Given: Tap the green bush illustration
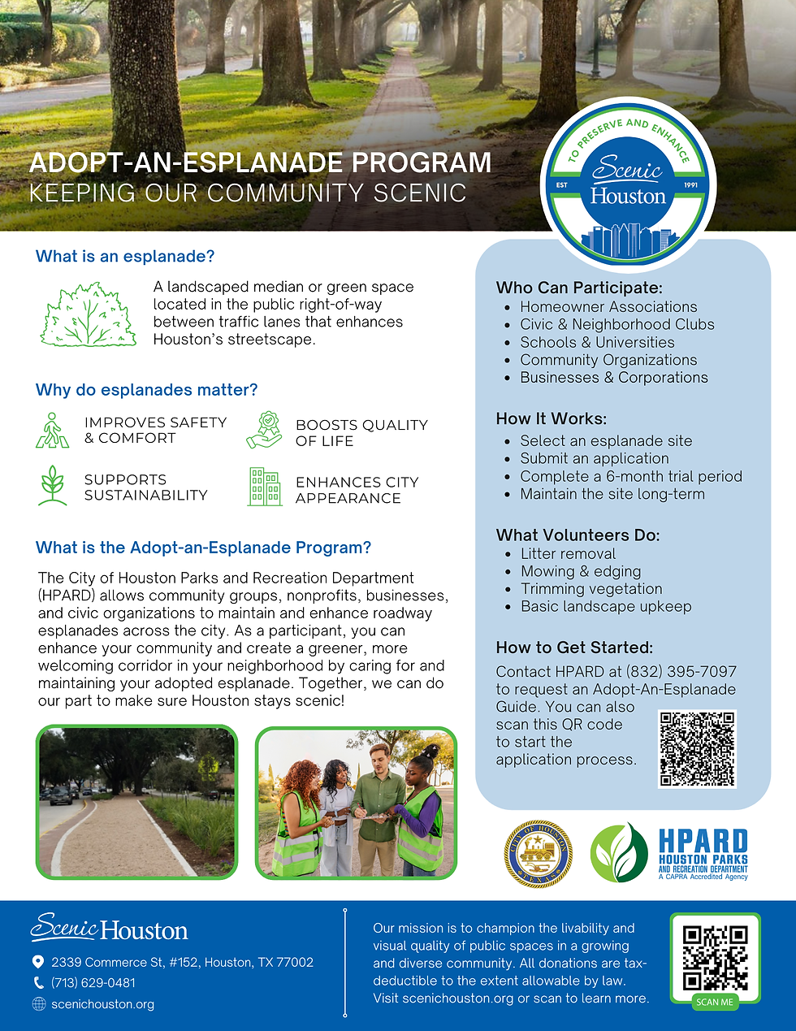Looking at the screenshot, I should pyautogui.click(x=89, y=315).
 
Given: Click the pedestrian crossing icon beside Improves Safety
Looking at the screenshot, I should pyautogui.click(x=53, y=431).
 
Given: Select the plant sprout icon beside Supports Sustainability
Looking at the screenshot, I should pyautogui.click(x=53, y=486).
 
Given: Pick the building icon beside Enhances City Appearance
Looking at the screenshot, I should pyautogui.click(x=265, y=487).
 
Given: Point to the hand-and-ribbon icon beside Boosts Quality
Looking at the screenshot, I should pyautogui.click(x=265, y=431).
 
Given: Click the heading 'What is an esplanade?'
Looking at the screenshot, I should pyautogui.click(x=125, y=257).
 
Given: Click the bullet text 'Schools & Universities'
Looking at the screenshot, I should pyautogui.click(x=597, y=343).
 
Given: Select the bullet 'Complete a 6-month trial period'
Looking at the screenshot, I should pyautogui.click(x=631, y=477).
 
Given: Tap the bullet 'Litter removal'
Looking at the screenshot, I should pyautogui.click(x=568, y=554).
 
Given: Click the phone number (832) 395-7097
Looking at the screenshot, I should pyautogui.click(x=681, y=672).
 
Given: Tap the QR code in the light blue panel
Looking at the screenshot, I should pyautogui.click(x=697, y=749).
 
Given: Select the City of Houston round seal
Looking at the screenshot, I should pyautogui.click(x=539, y=853).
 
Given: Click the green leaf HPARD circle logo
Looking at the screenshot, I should pyautogui.click(x=619, y=853).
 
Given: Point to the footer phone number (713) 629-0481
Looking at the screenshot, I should pyautogui.click(x=93, y=983).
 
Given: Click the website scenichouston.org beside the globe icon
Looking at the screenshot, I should pyautogui.click(x=102, y=1005).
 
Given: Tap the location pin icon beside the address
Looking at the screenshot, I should pyautogui.click(x=38, y=962).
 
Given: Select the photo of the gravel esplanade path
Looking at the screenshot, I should pyautogui.click(x=136, y=803).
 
